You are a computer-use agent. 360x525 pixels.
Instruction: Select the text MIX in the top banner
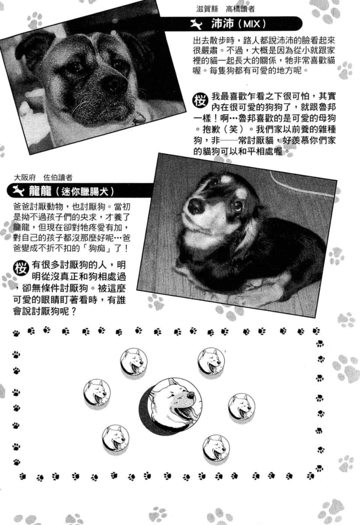[252, 24]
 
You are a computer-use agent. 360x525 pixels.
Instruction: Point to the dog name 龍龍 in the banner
[40, 191]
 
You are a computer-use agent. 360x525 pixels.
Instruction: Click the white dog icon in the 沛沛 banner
[196, 24]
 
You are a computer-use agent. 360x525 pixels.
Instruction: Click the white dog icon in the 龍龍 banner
[18, 191]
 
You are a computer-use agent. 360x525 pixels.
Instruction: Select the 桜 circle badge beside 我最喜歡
[201, 100]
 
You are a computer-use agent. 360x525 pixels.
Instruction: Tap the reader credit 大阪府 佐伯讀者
[43, 178]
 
